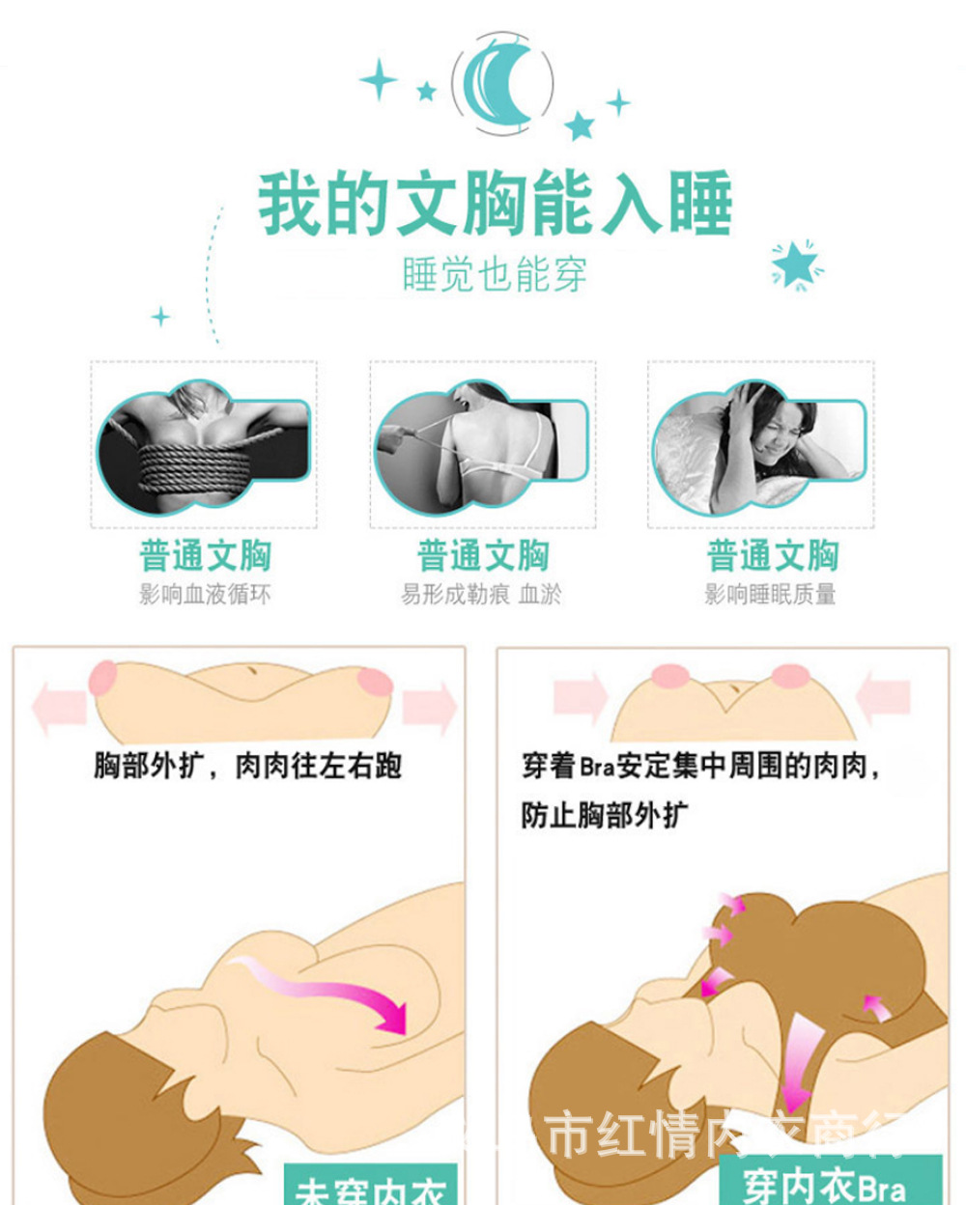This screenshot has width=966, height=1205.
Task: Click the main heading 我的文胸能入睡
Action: pyautogui.click(x=495, y=204)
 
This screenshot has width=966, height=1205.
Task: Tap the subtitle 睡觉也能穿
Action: pyautogui.click(x=495, y=275)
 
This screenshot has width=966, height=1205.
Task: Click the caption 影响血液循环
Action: pyautogui.click(x=205, y=594)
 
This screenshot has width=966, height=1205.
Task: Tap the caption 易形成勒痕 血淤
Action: pyautogui.click(x=481, y=594)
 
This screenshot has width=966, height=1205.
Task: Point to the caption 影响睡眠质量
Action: pyautogui.click(x=770, y=594)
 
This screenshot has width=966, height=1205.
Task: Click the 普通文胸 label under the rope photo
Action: pyautogui.click(x=205, y=556)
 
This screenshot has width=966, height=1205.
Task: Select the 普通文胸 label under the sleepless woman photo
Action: pyautogui.click(x=772, y=556)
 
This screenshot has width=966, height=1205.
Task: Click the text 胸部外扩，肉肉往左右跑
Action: pyautogui.click(x=247, y=767)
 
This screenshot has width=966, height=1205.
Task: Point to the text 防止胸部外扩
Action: pyautogui.click(x=605, y=815)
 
